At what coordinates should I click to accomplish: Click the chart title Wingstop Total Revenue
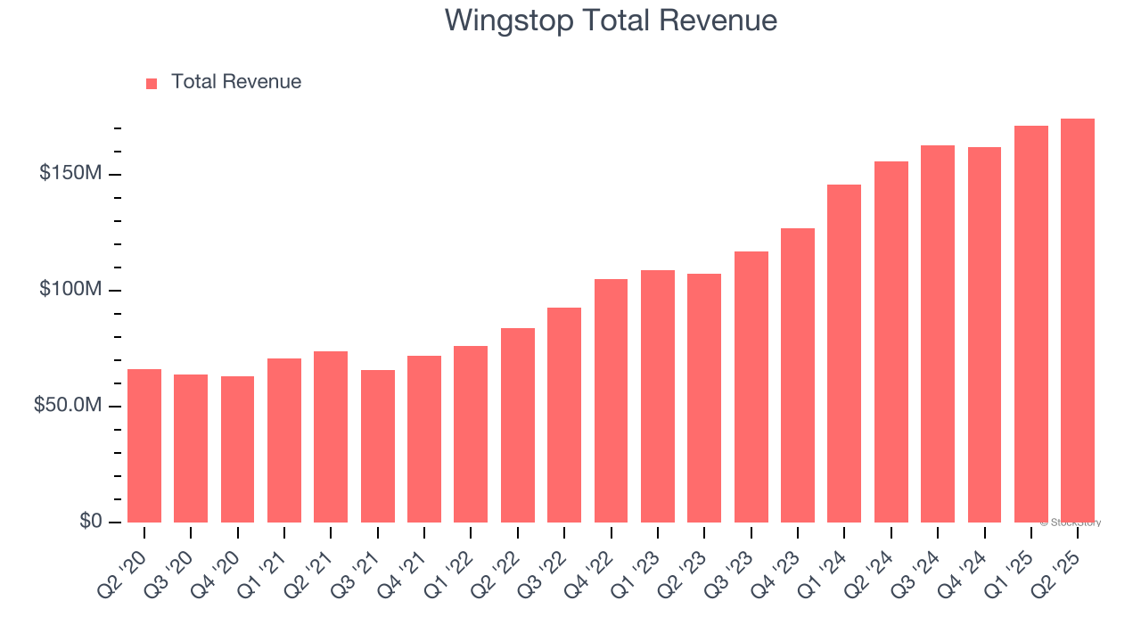[x=611, y=21]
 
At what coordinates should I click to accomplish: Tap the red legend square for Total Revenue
[x=152, y=83]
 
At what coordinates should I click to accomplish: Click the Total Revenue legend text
[x=236, y=82]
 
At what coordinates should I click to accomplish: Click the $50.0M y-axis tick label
[x=68, y=406]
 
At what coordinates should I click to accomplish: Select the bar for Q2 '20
[x=144, y=446]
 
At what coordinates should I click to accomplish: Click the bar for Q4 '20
[x=237, y=449]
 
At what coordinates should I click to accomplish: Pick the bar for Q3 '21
[x=377, y=446]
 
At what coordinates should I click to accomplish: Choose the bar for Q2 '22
[x=517, y=425]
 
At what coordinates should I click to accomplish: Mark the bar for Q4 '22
[x=611, y=401]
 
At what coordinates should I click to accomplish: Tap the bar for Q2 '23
[x=704, y=398]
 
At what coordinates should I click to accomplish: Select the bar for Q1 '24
[x=844, y=353]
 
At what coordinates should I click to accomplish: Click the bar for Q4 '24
[x=984, y=334]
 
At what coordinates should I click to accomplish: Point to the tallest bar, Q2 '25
[x=1077, y=321]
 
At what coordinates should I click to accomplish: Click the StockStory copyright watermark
[x=1070, y=523]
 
